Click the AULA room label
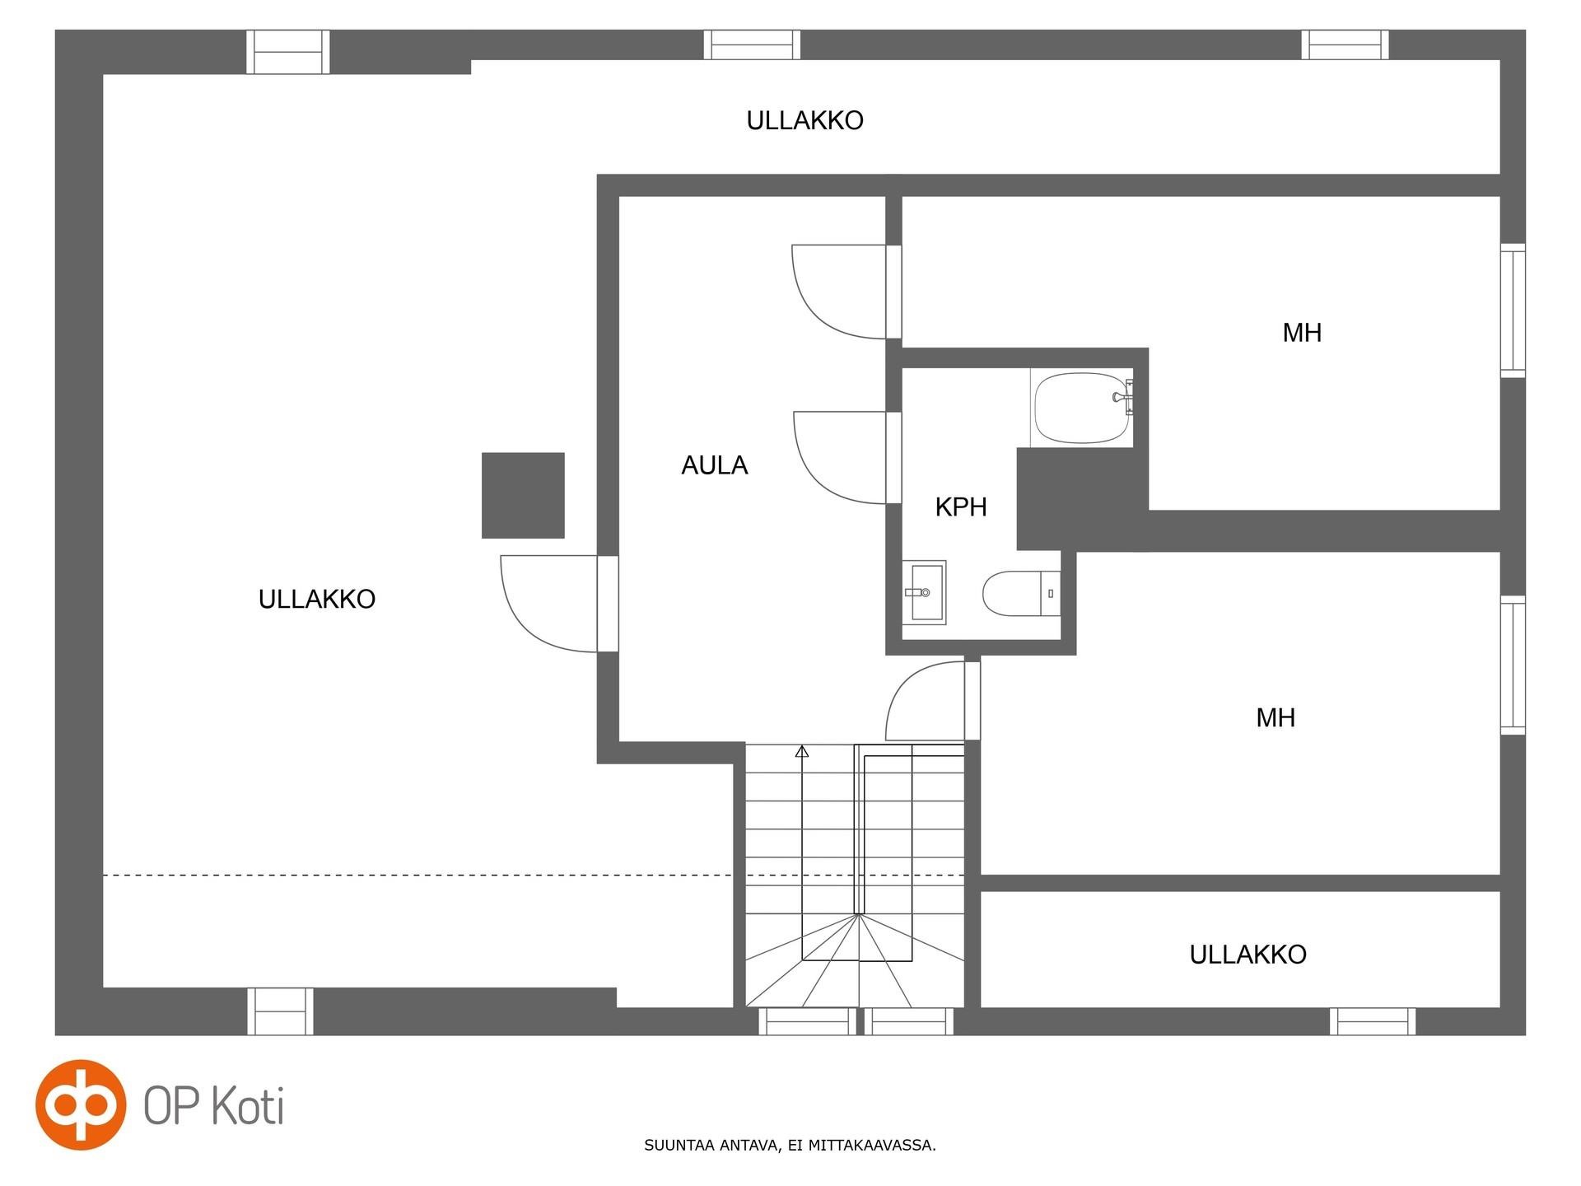[714, 465]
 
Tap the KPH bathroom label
[961, 507]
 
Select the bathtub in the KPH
[1081, 408]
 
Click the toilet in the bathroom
[1022, 593]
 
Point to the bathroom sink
[924, 592]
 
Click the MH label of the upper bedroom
[1302, 333]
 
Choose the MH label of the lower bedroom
[1276, 717]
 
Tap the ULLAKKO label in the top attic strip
[804, 120]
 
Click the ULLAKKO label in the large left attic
[317, 599]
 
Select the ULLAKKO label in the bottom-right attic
[1248, 954]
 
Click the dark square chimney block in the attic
[523, 495]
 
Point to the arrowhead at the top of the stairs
[802, 750]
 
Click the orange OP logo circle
[81, 1104]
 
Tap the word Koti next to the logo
[248, 1104]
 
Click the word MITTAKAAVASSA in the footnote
[872, 1145]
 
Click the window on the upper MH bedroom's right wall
[1513, 311]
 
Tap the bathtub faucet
[1123, 396]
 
